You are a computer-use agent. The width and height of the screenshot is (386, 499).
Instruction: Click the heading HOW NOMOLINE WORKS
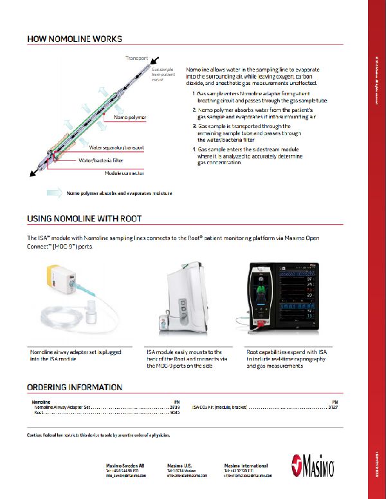tap(75, 39)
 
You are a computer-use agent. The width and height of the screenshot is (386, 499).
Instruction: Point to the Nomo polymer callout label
tap(130, 118)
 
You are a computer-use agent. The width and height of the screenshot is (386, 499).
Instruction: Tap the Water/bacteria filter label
tap(101, 160)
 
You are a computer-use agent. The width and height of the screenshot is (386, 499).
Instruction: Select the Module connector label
tap(124, 173)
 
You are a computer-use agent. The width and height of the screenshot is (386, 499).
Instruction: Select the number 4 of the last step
tap(194, 149)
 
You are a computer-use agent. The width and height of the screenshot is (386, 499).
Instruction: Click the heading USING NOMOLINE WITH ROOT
tap(84, 219)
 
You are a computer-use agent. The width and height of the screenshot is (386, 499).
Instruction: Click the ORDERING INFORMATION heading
tap(75, 388)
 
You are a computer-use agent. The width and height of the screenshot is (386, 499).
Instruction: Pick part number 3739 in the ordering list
tap(175, 408)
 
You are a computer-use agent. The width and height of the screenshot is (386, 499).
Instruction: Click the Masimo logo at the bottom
tap(316, 466)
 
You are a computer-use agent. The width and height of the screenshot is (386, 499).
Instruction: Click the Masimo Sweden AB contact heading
tap(125, 465)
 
